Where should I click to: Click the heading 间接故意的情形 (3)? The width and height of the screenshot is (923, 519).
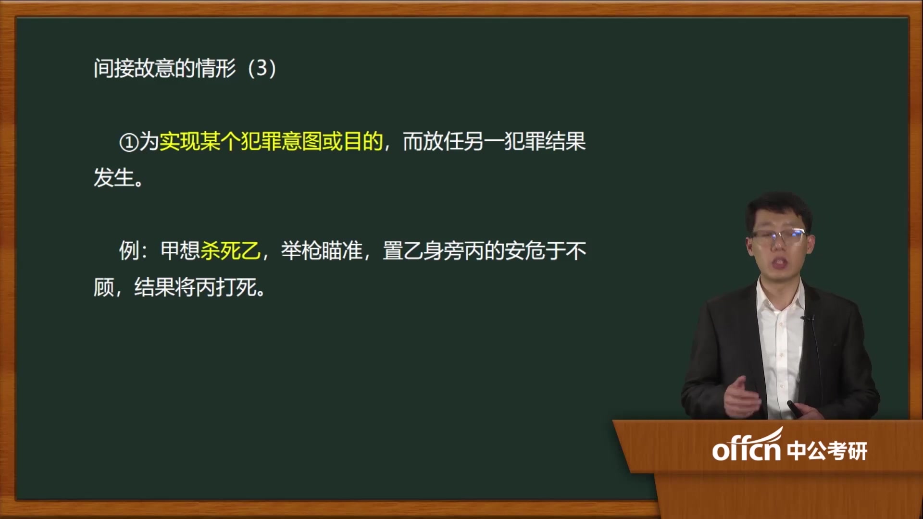(185, 68)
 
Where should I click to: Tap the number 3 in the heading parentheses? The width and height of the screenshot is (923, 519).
(262, 68)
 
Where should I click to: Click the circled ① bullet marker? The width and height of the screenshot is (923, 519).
(129, 142)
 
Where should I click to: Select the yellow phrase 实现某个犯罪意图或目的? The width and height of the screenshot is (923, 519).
(271, 141)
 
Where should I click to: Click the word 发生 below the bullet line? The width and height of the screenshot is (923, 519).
(114, 178)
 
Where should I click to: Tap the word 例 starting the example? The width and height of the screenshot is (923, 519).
(129, 250)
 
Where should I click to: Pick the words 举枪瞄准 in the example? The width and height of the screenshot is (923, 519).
(322, 250)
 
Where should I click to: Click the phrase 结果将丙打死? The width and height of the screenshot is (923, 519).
(195, 287)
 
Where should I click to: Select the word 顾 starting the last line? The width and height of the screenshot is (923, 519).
(104, 287)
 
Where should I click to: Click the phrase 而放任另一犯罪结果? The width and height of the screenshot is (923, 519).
(494, 141)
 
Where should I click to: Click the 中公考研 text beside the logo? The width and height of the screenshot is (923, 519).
(827, 451)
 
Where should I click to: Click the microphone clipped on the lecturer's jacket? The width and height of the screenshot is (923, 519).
(808, 318)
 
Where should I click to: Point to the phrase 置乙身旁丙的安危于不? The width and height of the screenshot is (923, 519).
(485, 250)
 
